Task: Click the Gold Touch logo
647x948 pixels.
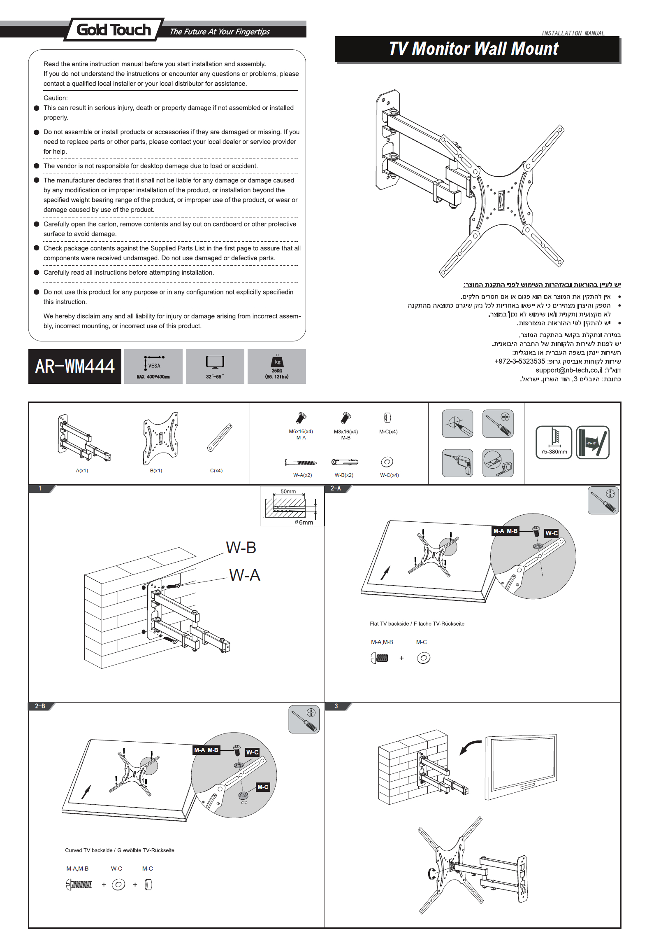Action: [114, 30]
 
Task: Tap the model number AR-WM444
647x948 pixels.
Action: [75, 367]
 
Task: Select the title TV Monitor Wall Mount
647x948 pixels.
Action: [473, 49]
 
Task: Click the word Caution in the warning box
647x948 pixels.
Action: [56, 98]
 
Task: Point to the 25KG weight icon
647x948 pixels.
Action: [277, 366]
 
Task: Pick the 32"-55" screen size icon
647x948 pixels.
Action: [215, 366]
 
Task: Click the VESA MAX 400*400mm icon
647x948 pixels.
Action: [153, 366]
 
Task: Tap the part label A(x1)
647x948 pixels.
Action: [82, 471]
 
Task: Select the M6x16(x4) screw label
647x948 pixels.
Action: [301, 432]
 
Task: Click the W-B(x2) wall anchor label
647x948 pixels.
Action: [344, 475]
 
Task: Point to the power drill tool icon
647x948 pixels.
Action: [457, 463]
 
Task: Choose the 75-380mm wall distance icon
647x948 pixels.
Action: [554, 442]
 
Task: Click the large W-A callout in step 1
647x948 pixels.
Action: [245, 575]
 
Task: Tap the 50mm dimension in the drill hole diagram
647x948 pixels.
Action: [288, 492]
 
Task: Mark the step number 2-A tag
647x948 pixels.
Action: [336, 488]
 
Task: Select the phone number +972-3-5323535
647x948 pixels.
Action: [519, 361]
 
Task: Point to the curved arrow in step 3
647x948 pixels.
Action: [470, 746]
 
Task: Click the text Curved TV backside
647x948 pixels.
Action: [88, 850]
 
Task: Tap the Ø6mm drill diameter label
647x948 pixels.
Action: [304, 522]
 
